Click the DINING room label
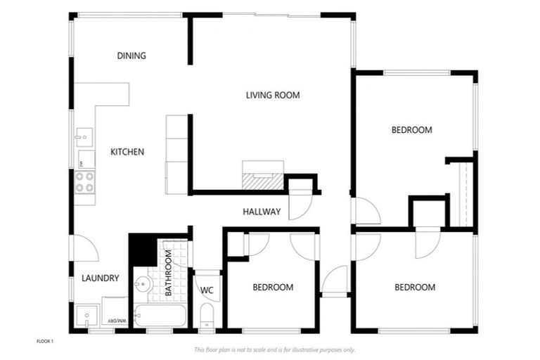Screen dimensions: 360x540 (x=131, y=56)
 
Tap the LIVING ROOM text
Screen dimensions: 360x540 (x=273, y=95)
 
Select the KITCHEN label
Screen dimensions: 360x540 (x=127, y=151)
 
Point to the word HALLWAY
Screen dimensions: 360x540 (x=262, y=212)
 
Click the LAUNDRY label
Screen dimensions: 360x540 (x=100, y=278)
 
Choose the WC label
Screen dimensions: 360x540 (x=207, y=290)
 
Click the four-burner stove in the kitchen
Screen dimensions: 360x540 (x=85, y=182)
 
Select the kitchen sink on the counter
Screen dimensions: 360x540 (x=84, y=136)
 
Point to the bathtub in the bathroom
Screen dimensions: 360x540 (x=160, y=316)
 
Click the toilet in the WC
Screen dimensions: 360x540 (x=207, y=316)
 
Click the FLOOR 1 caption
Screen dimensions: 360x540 (x=45, y=341)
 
